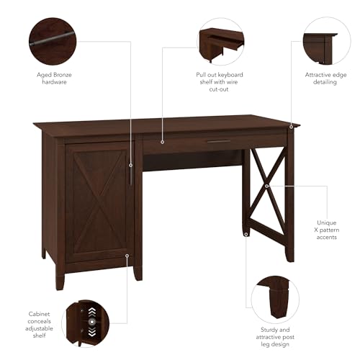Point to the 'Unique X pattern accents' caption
click(x=326, y=230)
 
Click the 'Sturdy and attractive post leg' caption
click(x=279, y=334)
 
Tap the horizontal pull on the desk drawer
click(x=219, y=141)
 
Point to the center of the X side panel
click(x=266, y=186)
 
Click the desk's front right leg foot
click(x=246, y=230)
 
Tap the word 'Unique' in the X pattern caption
click(x=326, y=222)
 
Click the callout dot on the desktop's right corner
click(x=291, y=127)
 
